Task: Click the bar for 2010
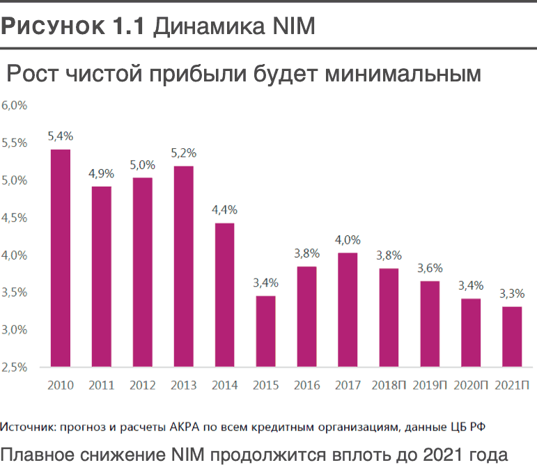(x=61, y=258)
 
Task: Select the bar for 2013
(x=183, y=266)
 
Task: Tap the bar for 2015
(x=265, y=331)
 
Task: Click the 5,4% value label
(x=61, y=136)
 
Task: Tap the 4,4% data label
(x=224, y=210)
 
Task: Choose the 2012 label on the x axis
(x=142, y=385)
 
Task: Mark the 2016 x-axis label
(x=306, y=385)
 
